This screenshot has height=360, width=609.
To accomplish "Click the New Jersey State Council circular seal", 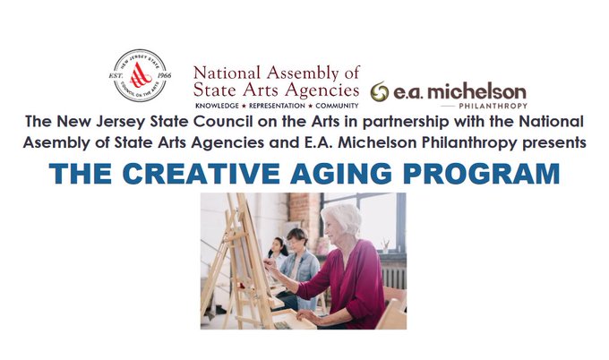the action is pyautogui.click(x=140, y=75).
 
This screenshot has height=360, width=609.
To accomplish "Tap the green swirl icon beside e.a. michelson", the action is pyautogui.click(x=380, y=92).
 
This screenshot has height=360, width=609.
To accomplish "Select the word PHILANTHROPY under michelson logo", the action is pyautogui.click(x=493, y=106).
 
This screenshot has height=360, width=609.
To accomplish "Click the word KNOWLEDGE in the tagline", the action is pyautogui.click(x=217, y=106).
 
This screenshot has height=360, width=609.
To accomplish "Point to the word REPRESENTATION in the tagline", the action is pyautogui.click(x=277, y=106).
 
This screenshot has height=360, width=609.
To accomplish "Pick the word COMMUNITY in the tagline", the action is pyautogui.click(x=337, y=106).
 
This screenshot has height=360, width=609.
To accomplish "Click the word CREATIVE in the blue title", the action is pyautogui.click(x=202, y=174).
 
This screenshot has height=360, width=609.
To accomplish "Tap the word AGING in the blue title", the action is pyautogui.click(x=341, y=174).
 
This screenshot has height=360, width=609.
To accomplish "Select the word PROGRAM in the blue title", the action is pyautogui.click(x=481, y=174).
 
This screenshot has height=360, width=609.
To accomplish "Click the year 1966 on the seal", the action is pyautogui.click(x=164, y=75).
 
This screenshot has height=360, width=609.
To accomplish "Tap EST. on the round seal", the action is pyautogui.click(x=116, y=75).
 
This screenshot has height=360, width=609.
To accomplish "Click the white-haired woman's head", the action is pyautogui.click(x=341, y=221).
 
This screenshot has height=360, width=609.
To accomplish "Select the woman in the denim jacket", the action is pyautogui.click(x=298, y=268).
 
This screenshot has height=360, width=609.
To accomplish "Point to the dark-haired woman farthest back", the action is pyautogui.click(x=278, y=253).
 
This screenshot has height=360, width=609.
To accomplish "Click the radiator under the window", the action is pyautogui.click(x=393, y=275).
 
